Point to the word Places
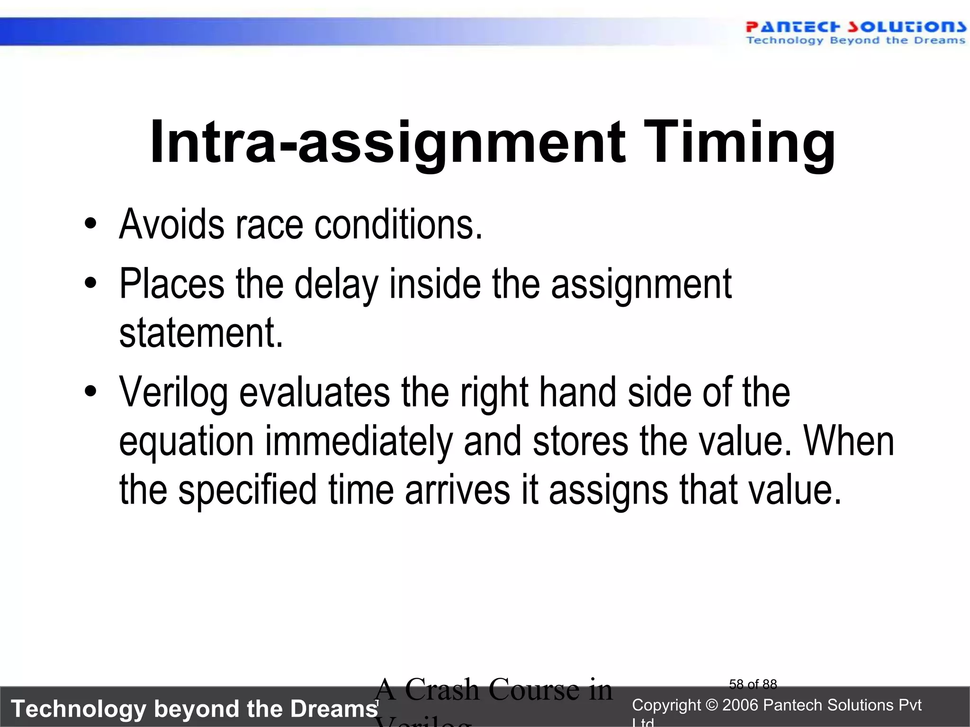171,284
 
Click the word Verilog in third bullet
173,393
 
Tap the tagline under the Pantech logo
855,41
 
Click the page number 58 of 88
753,684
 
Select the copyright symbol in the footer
711,705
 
